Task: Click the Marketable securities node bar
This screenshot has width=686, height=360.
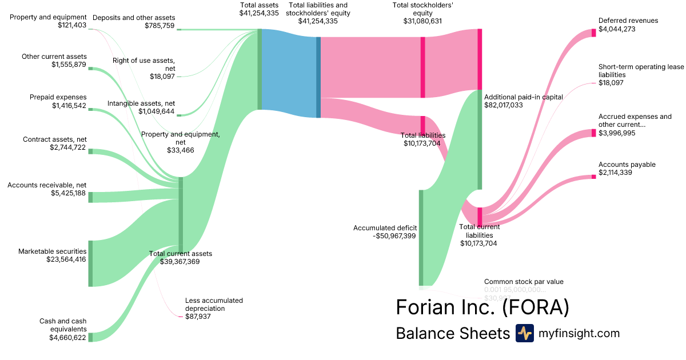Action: point(90,263)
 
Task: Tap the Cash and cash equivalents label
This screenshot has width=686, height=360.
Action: point(63,329)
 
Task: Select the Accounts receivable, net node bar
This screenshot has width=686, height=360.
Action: point(90,197)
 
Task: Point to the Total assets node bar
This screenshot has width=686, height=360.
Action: point(260,69)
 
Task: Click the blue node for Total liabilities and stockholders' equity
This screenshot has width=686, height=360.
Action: point(318,77)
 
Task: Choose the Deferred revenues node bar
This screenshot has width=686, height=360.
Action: point(593,33)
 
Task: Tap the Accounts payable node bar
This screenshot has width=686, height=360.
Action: point(593,177)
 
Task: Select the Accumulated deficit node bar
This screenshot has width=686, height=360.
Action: point(421,237)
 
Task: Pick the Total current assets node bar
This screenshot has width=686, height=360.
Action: point(181,214)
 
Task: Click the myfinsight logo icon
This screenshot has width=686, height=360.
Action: point(524,333)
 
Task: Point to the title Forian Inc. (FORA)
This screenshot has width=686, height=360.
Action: point(482,307)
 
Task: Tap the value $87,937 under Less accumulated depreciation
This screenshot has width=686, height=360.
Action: point(198,316)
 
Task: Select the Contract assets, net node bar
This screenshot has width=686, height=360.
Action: point(90,151)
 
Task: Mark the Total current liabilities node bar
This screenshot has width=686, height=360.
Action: point(480,216)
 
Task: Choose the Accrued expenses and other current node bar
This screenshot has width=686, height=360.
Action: point(593,133)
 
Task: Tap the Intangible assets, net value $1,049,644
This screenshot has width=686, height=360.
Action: point(156,111)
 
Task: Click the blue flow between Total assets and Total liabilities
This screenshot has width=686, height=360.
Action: point(289,73)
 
